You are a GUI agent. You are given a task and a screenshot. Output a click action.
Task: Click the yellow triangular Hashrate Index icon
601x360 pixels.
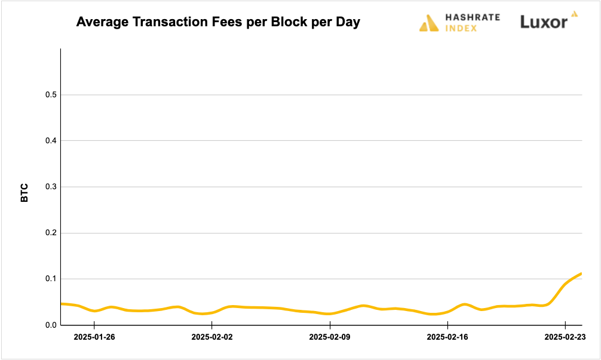[430, 23]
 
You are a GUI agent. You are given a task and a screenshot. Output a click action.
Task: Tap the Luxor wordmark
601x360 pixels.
[544, 23]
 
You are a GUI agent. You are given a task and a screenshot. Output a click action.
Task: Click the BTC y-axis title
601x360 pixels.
[25, 192]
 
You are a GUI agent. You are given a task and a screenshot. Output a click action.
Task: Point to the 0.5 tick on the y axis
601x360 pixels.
[51, 95]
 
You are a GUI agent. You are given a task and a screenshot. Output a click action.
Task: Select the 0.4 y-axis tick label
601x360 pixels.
[51, 141]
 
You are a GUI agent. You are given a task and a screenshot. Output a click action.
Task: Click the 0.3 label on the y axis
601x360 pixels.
[51, 187]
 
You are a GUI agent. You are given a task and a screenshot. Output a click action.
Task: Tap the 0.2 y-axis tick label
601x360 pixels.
[51, 233]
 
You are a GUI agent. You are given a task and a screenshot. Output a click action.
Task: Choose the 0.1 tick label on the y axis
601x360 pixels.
[51, 279]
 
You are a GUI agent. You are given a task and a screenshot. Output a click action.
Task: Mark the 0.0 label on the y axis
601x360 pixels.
[51, 325]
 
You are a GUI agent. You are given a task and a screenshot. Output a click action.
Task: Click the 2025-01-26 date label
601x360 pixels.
[94, 337]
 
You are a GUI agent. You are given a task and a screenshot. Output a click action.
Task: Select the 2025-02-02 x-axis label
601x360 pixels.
[211, 337]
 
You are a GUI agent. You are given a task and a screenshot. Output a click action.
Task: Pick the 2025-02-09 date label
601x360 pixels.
[329, 337]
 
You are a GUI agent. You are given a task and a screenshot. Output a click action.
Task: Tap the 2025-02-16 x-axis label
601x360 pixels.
[447, 337]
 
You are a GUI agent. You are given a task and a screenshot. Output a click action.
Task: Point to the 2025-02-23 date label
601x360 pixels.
[565, 337]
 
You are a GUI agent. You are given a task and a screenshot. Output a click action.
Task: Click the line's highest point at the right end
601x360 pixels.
[581, 273]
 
